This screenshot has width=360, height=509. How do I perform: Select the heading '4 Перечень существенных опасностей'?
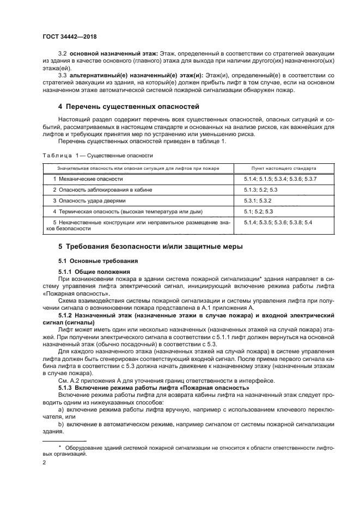point(129,106)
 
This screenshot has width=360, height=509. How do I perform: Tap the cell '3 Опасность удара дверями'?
point(87,200)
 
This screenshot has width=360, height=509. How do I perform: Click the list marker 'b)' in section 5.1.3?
point(60,423)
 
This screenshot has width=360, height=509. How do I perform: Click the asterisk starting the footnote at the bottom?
point(60,446)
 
